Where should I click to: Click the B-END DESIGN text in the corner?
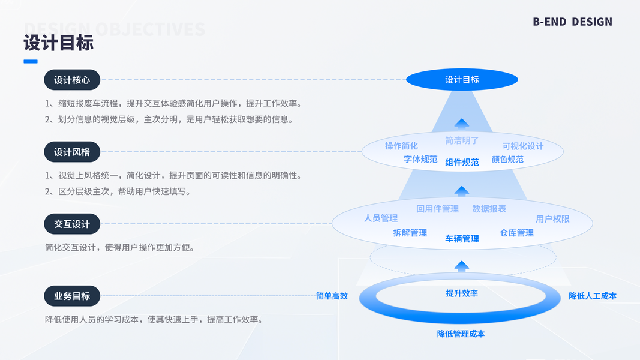(x=572, y=22)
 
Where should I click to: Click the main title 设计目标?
(x=59, y=43)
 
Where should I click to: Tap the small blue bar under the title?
(x=31, y=61)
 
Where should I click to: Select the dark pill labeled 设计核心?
(x=72, y=80)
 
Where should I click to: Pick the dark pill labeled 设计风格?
(x=72, y=152)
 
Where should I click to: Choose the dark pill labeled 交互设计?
(x=72, y=224)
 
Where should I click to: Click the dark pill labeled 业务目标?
(x=72, y=296)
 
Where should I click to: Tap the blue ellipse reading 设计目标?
(x=462, y=80)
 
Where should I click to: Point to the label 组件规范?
(x=462, y=162)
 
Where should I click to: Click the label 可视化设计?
(x=523, y=146)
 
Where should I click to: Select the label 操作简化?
(x=401, y=146)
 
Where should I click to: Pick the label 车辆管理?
(x=462, y=239)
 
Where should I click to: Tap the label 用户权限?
(x=552, y=219)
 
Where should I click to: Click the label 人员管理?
(x=381, y=218)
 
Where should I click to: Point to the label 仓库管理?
(x=517, y=233)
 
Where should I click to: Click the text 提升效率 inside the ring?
(x=462, y=293)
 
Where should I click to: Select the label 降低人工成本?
(x=593, y=296)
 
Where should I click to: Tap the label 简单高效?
(x=332, y=296)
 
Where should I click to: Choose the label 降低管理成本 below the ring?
(x=461, y=334)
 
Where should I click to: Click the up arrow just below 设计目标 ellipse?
(x=461, y=124)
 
